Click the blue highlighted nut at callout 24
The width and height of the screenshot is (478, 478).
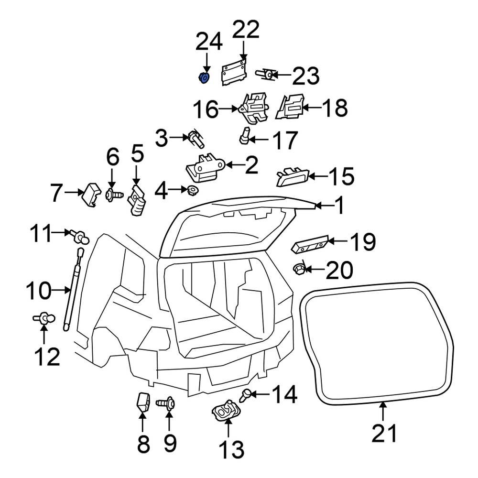[x=204, y=77]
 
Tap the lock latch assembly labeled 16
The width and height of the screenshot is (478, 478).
[x=255, y=109]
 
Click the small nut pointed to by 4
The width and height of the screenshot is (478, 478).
[x=193, y=191]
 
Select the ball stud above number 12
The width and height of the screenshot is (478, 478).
[x=44, y=317]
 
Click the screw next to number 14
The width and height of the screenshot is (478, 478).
[x=246, y=395]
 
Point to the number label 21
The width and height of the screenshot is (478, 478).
[x=385, y=434]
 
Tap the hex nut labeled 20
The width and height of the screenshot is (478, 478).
[x=300, y=270]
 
